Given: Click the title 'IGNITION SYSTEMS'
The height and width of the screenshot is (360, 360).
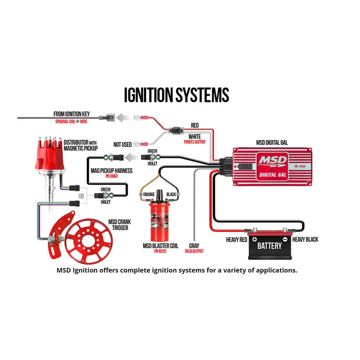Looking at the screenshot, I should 176,95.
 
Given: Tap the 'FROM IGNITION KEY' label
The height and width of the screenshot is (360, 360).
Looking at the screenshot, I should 77,114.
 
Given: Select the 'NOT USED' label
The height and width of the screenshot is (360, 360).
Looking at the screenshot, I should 123,145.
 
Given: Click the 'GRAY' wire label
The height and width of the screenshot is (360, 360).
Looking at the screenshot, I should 194,246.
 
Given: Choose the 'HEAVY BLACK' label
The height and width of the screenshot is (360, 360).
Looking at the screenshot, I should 305,239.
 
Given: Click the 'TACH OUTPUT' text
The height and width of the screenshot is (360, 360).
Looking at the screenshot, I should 194,251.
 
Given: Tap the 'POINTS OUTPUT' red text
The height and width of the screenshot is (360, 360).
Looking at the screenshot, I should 195,142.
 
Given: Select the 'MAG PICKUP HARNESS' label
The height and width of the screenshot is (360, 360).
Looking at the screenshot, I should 112,171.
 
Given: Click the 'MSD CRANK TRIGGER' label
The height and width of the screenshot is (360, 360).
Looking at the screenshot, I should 119,225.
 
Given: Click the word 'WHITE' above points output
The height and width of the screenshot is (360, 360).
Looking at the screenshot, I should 195,136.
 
